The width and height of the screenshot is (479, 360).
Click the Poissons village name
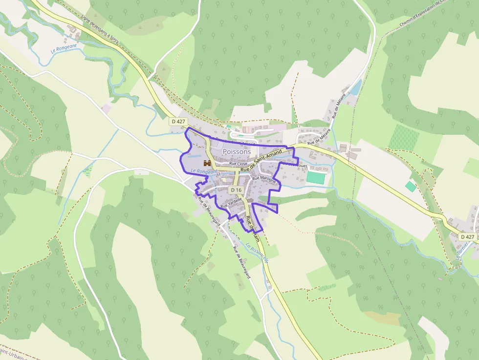click(x=237, y=151)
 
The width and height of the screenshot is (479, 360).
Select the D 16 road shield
click(x=236, y=190)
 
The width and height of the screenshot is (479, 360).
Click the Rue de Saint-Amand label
click(x=261, y=162)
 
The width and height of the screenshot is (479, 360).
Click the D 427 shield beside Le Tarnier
click(x=467, y=236)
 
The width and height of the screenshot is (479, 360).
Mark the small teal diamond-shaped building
click(x=411, y=186)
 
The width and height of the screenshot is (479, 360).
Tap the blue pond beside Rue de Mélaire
click(x=356, y=87)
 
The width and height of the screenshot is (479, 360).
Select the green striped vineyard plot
click(x=404, y=137)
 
